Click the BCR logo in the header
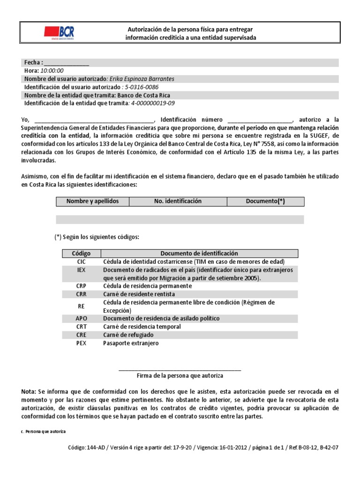(59, 32)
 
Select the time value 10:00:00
(52, 70)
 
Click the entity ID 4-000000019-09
(153, 103)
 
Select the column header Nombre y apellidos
(93, 201)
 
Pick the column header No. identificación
(178, 201)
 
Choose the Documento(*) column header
(265, 201)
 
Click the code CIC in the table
(81, 262)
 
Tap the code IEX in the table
(81, 270)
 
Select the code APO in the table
(81, 318)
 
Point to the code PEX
(81, 343)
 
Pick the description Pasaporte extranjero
(131, 343)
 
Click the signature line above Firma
(180, 370)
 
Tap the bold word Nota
(28, 391)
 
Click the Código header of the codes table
(81, 253)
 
